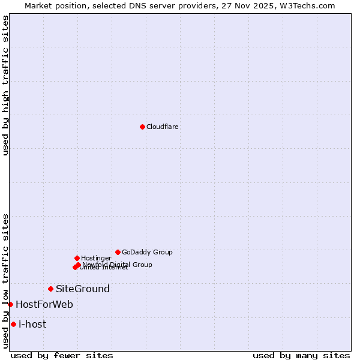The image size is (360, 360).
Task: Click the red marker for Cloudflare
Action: coord(142,127)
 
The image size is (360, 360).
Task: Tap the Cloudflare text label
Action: coord(163,127)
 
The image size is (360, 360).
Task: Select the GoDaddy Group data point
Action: coord(118,252)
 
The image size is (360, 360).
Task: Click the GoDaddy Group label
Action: coord(147,252)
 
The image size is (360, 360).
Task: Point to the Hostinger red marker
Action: coord(77,258)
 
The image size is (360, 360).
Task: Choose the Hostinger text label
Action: coord(97,258)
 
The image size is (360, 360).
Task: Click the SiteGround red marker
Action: coord(50,289)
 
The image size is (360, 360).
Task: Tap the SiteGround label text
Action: coord(83,289)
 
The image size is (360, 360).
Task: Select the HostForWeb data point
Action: coord(10,304)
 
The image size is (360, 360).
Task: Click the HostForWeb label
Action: coord(44,304)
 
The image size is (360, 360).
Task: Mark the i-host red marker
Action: coord(13,324)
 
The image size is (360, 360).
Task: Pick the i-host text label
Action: coord(32,324)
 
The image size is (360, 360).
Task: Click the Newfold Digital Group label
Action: coord(118,264)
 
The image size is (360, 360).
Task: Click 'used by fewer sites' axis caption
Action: coord(62,355)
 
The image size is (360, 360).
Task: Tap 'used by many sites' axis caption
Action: coord(301,355)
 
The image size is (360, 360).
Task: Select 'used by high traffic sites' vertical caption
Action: coord(5,85)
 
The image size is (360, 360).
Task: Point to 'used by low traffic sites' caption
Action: coord(5,281)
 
